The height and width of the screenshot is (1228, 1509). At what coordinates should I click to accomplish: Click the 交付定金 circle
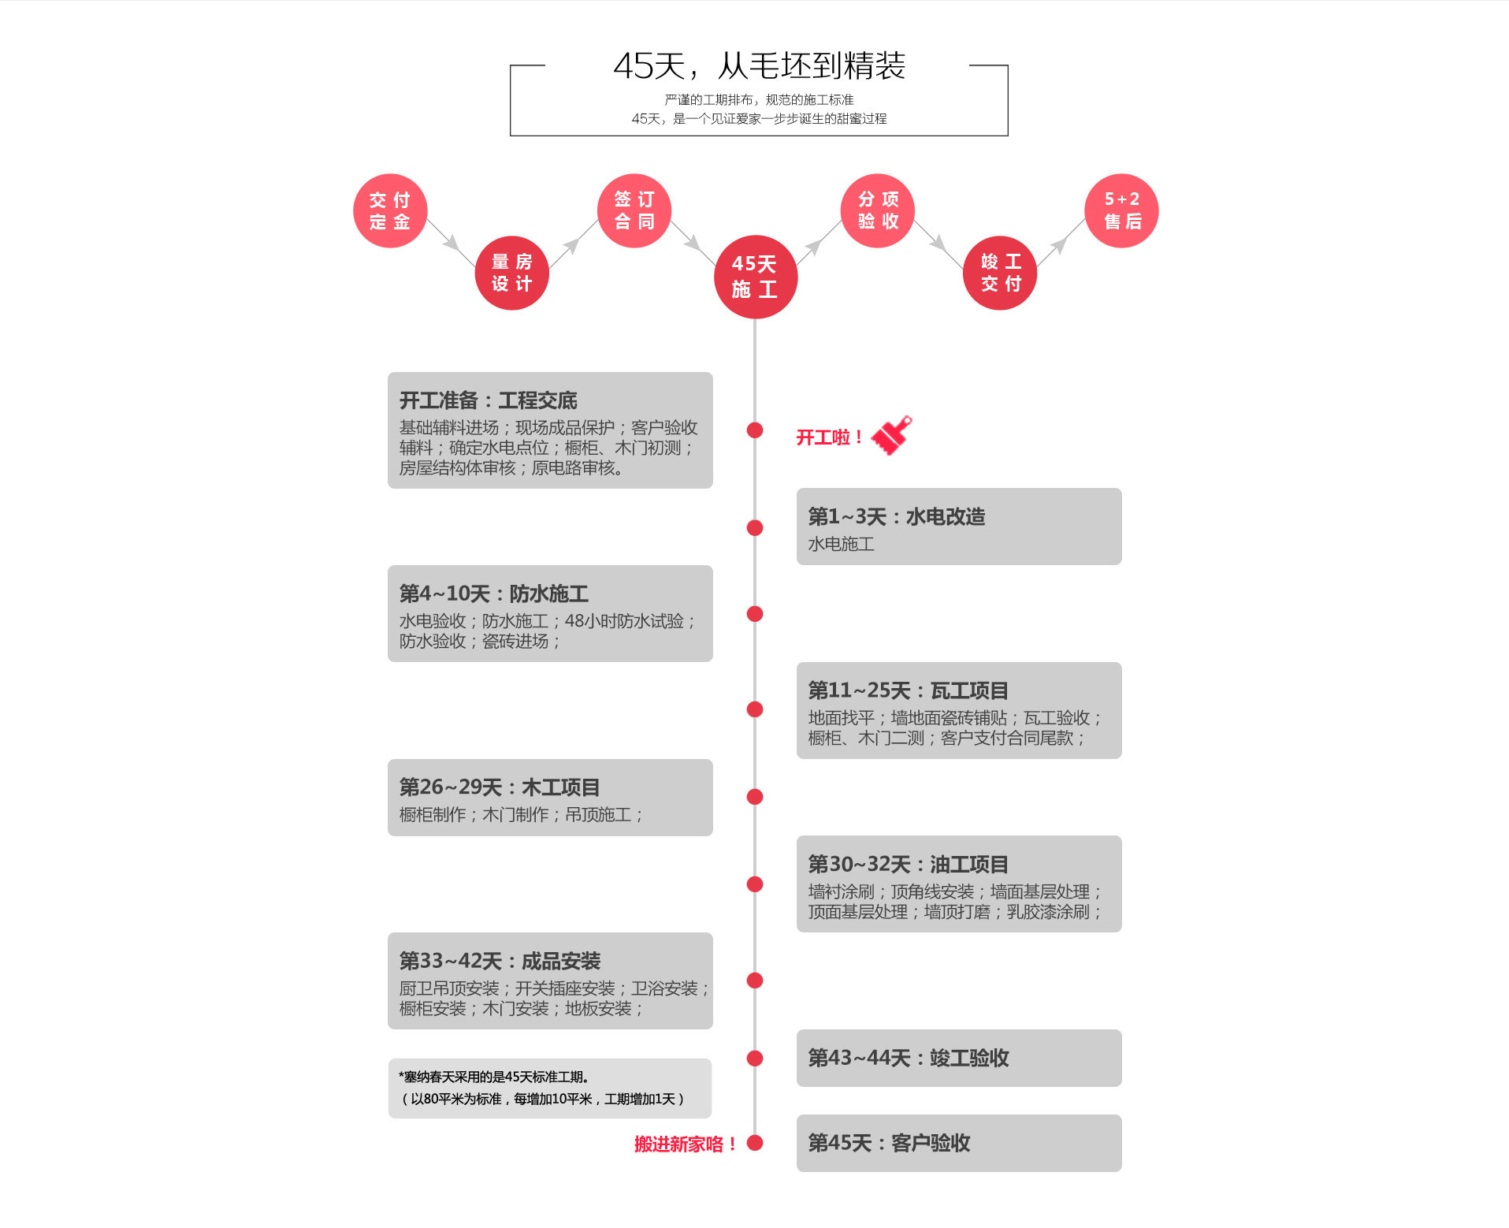click(x=390, y=210)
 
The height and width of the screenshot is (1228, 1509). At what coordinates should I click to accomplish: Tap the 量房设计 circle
click(x=512, y=273)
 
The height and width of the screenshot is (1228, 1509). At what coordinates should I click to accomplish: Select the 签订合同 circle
click(x=634, y=210)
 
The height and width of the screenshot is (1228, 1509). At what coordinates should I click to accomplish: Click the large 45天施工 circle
click(x=756, y=277)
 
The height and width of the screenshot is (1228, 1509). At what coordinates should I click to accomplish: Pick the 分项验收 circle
click(x=878, y=210)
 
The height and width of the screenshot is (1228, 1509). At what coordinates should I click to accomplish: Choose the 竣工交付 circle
click(x=1000, y=273)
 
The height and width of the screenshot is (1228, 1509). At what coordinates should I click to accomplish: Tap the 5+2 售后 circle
click(x=1122, y=210)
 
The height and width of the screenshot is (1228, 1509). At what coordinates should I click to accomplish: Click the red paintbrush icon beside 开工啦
click(x=892, y=435)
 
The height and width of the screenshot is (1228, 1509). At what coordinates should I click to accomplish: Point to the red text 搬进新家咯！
click(x=685, y=1144)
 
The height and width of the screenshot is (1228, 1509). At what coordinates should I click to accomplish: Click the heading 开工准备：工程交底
click(x=488, y=400)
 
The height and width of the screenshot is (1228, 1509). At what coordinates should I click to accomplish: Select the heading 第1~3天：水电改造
click(x=897, y=516)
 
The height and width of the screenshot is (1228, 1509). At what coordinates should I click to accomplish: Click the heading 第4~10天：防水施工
click(x=493, y=594)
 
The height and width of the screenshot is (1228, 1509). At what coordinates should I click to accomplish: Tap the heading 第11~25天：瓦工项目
click(x=909, y=690)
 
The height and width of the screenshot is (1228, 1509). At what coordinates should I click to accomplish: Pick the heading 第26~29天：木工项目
click(x=500, y=787)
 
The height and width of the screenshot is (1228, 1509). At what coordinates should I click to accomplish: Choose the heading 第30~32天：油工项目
click(x=909, y=864)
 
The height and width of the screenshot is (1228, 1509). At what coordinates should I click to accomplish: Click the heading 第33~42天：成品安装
click(x=500, y=961)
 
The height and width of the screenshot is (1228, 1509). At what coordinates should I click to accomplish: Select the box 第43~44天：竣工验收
click(x=959, y=1058)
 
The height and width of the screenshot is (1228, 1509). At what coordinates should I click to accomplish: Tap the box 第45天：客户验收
click(x=959, y=1143)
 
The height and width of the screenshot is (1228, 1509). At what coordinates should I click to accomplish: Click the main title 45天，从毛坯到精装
click(x=760, y=66)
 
